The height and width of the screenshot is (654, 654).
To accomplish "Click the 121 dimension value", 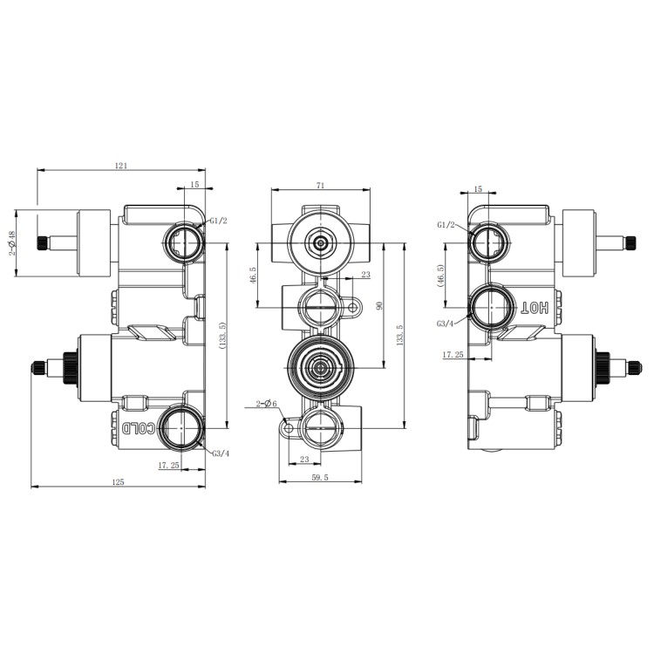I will (x=121, y=165).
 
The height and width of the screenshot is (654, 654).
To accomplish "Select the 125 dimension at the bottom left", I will (x=119, y=481).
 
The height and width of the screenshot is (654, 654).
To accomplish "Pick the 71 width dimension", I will (x=321, y=186).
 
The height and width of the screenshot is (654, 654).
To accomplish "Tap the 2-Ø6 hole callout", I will (x=266, y=404).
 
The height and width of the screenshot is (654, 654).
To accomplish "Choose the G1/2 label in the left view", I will (x=217, y=221).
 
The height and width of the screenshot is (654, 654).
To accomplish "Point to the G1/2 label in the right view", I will (x=446, y=225).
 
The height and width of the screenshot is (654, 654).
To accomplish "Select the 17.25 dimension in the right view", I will (x=453, y=355).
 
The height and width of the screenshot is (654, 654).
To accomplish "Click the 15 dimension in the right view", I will (x=477, y=188).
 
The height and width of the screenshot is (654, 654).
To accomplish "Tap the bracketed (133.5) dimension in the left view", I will (x=222, y=337).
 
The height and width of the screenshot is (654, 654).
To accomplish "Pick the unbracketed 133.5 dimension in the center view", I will (x=401, y=336).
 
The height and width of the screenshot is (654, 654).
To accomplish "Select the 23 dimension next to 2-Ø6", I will (x=304, y=459).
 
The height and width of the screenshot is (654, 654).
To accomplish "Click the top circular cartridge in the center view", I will (x=322, y=242).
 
